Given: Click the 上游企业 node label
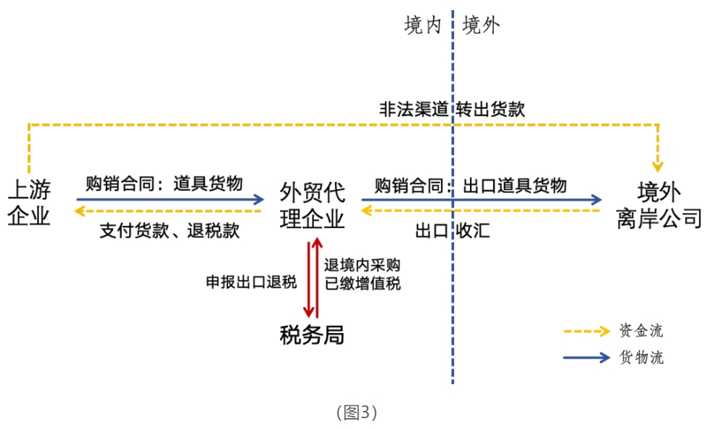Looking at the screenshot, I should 30,204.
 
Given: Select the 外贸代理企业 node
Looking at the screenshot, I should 313,205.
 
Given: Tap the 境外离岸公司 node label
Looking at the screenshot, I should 659,205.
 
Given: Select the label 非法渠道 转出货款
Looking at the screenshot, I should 452,110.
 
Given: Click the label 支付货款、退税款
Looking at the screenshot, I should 169,231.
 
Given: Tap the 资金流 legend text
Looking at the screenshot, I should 641,331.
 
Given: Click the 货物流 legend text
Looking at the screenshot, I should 641,357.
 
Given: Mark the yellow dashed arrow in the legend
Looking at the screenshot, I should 586,332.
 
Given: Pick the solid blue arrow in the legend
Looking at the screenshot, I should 586,357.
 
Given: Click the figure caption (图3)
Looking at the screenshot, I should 357,413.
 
